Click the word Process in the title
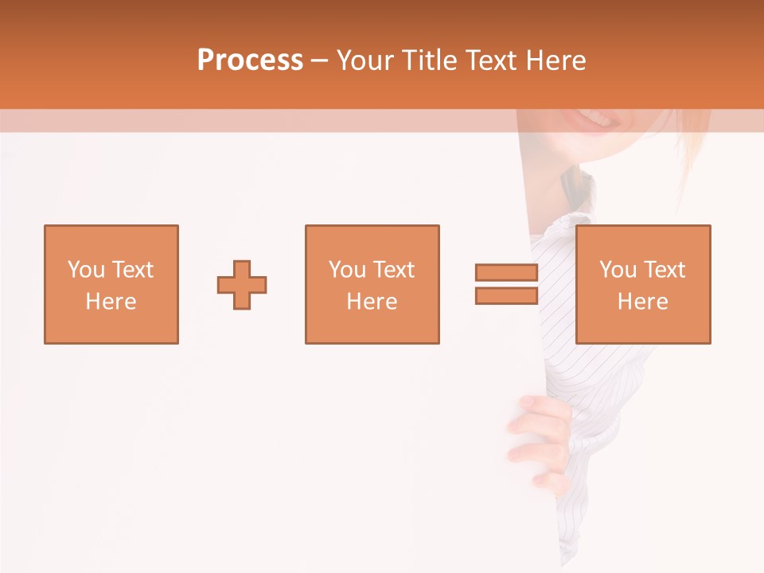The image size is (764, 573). click(250, 60)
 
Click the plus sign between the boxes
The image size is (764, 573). click(242, 284)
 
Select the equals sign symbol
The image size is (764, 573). click(506, 284)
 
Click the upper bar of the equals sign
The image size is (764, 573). click(506, 273)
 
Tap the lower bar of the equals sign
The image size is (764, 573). click(506, 295)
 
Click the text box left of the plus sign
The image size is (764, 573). click(111, 284)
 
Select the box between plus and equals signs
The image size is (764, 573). click(372, 284)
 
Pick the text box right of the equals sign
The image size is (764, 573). click(643, 284)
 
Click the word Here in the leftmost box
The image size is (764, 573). click(111, 302)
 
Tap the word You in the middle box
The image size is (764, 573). click(347, 270)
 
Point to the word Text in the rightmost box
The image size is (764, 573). click(663, 270)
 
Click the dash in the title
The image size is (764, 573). click(319, 60)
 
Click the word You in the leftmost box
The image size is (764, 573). click(86, 270)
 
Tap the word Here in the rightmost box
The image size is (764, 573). click(642, 302)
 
